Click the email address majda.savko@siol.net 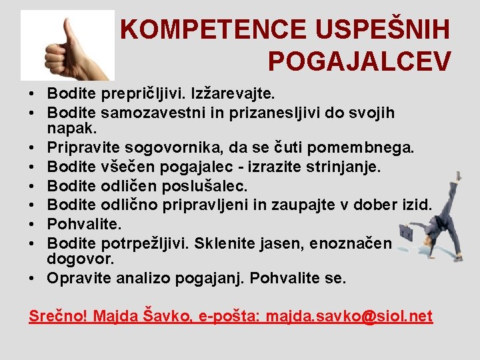pos(349,315)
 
